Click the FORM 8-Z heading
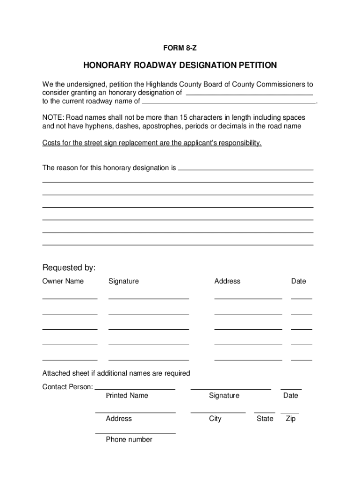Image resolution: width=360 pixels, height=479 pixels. [180, 48]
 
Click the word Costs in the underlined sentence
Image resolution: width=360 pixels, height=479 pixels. [51, 143]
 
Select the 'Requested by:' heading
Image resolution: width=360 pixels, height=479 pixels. [69, 268]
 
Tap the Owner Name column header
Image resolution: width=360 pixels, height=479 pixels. [63, 281]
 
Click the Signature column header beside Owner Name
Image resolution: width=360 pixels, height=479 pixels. [123, 281]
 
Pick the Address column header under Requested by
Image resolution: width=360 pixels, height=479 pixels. [227, 281]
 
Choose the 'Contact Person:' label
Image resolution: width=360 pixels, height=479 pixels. [67, 387]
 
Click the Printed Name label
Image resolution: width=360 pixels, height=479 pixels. [127, 396]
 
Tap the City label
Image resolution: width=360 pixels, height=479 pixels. [215, 419]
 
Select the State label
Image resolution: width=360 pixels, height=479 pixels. [265, 419]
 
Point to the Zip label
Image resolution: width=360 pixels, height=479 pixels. [290, 419]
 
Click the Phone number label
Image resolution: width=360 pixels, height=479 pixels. [129, 440]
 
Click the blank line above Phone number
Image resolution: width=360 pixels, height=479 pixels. [135, 433]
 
